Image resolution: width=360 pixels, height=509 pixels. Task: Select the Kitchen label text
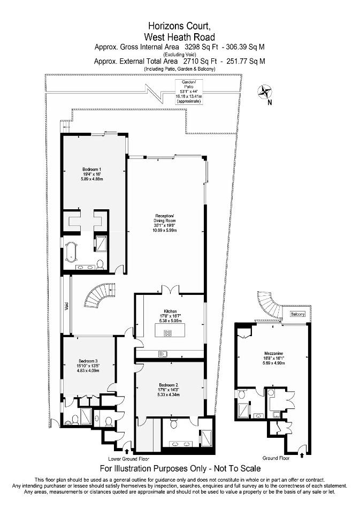click(x=170, y=312)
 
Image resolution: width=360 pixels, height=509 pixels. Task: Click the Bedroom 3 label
click(x=88, y=361)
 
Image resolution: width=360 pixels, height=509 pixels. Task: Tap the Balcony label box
click(x=297, y=314)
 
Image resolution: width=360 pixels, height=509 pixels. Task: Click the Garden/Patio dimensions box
click(x=189, y=92)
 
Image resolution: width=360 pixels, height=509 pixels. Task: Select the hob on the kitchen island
click(x=167, y=333)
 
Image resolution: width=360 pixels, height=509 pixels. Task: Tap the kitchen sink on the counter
click(x=163, y=354)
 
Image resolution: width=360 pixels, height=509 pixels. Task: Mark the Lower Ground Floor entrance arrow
click(x=126, y=451)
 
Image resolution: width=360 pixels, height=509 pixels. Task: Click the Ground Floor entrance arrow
click(x=302, y=455)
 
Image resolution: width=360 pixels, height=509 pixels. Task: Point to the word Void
click(x=66, y=306)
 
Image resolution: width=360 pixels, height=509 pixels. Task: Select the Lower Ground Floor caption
click(x=129, y=459)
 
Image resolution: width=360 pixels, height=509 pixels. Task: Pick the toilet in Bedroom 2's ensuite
click(x=174, y=423)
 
